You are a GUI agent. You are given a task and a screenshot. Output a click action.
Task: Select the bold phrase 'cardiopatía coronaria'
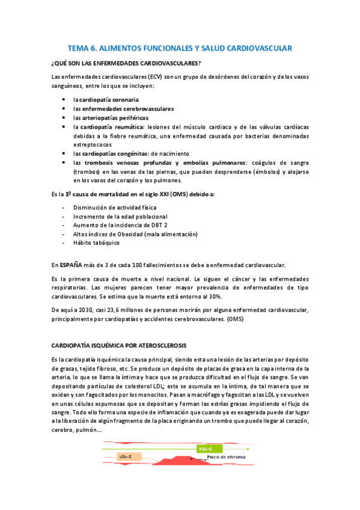(x=109, y=99)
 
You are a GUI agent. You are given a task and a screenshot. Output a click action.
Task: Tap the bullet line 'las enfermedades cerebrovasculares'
(x=123, y=109)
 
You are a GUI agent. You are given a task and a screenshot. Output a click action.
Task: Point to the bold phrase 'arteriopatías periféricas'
(x=118, y=118)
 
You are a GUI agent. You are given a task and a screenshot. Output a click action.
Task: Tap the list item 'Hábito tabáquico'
(x=96, y=242)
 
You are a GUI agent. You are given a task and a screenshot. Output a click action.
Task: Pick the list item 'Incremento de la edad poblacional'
(x=120, y=216)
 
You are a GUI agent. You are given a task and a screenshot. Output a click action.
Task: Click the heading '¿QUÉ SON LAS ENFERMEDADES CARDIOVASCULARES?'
(x=126, y=63)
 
